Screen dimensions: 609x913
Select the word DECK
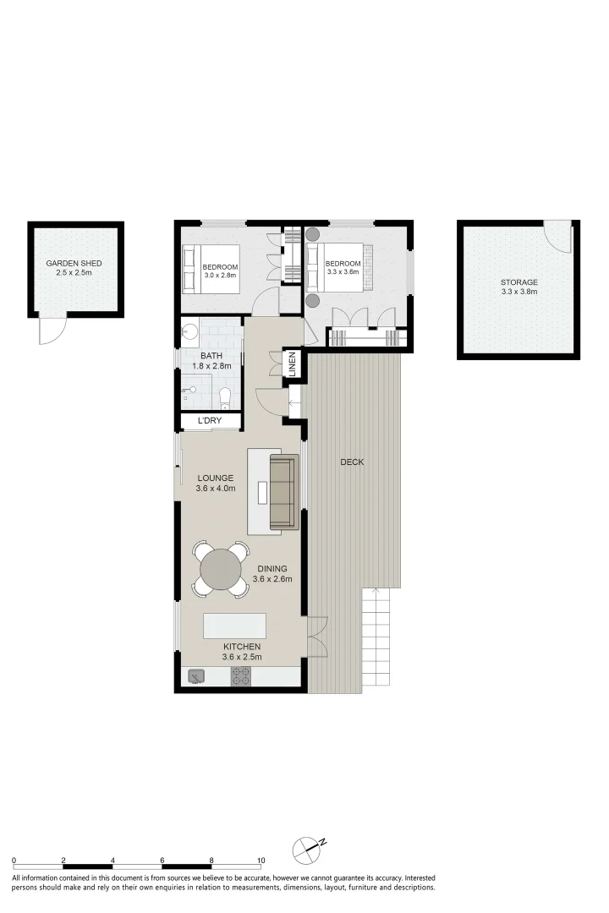(x=352, y=462)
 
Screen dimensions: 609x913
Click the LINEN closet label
(x=293, y=364)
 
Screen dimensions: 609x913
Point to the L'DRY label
(x=210, y=420)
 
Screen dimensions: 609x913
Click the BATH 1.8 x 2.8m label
(x=211, y=361)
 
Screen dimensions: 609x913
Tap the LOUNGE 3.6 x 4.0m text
(x=216, y=484)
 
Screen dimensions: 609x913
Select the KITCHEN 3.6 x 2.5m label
(x=242, y=652)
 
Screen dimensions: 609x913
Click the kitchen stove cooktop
(x=241, y=676)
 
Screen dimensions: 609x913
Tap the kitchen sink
(x=196, y=676)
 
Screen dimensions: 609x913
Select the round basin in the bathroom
(x=189, y=332)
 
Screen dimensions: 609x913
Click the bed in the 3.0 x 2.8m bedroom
(x=211, y=269)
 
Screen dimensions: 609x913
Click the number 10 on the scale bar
(x=261, y=860)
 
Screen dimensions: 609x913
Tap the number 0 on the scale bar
(x=14, y=860)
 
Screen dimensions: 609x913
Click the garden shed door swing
(x=50, y=331)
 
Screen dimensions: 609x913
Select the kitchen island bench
(x=234, y=626)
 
